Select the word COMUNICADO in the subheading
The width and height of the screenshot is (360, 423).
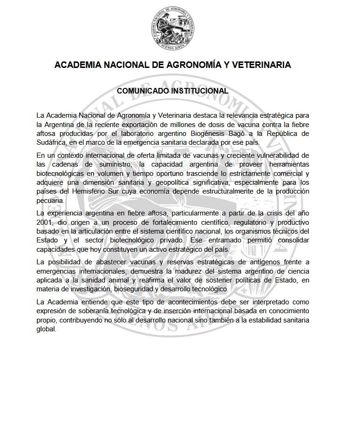[x=142, y=91]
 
